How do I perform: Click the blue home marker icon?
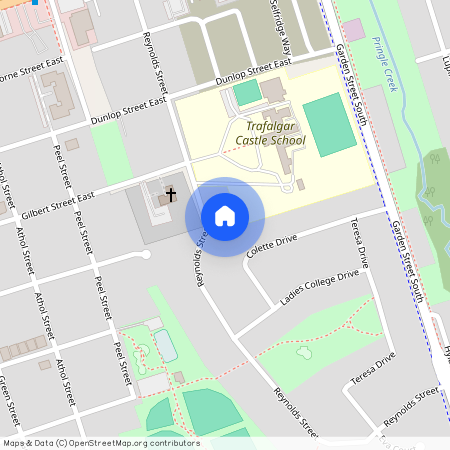click(225, 215)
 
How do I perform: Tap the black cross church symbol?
click(171, 193)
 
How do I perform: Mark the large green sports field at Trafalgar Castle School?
click(329, 124)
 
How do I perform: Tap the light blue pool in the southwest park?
click(165, 345)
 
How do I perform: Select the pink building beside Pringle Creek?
click(354, 30)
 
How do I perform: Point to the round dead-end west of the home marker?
click(148, 254)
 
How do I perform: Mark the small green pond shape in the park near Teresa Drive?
click(304, 353)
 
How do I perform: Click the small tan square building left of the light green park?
click(72, 144)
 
